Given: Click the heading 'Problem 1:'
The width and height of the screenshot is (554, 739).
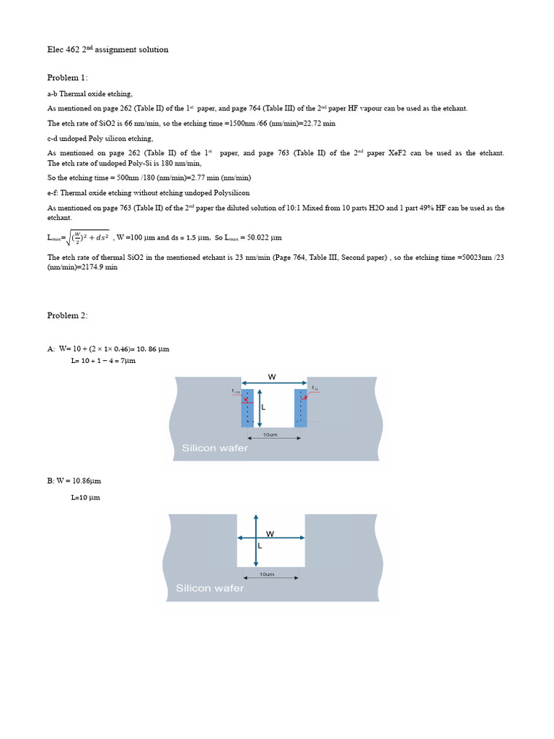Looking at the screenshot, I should click(x=68, y=78).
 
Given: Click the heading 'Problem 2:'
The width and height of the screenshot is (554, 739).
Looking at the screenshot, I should click(x=68, y=315).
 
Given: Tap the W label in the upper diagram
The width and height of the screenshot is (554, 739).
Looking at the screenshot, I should click(x=271, y=376).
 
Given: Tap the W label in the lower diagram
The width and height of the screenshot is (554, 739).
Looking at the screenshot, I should click(x=270, y=533).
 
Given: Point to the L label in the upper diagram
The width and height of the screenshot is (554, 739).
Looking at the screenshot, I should click(x=263, y=407).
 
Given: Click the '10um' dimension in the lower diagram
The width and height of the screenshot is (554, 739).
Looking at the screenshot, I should click(x=267, y=574).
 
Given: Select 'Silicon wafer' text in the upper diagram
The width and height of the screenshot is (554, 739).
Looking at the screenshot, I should click(x=214, y=448).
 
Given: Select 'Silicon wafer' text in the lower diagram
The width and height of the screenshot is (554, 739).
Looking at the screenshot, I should click(x=210, y=588).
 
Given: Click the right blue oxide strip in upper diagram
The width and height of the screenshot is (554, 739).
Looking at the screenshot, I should click(x=301, y=408).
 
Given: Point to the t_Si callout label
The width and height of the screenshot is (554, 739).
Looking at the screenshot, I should click(x=315, y=388).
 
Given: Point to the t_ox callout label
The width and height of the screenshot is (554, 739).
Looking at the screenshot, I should click(x=235, y=391).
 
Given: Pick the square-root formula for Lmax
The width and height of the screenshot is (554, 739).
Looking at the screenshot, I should click(x=79, y=237).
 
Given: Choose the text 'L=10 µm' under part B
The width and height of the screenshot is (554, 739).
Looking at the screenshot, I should click(x=85, y=497).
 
